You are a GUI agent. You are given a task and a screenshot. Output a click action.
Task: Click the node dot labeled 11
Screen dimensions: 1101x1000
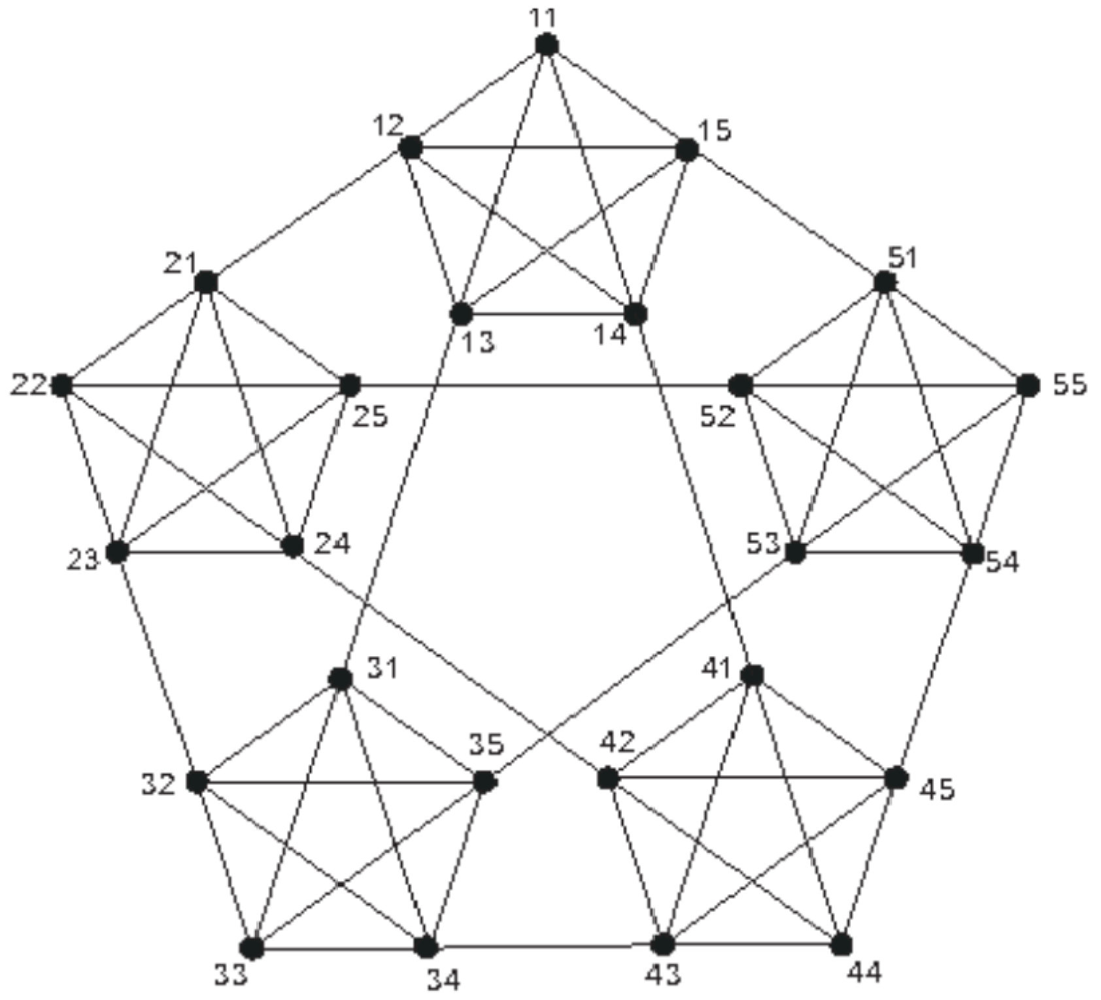(x=546, y=45)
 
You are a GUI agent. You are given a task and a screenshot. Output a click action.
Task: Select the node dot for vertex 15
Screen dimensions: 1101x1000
(x=686, y=150)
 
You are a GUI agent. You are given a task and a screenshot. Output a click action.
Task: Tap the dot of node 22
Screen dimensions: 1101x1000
(x=61, y=386)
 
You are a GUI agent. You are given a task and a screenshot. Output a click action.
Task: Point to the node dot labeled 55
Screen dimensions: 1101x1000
(x=1028, y=386)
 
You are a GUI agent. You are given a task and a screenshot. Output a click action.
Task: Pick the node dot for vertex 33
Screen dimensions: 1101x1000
(x=252, y=947)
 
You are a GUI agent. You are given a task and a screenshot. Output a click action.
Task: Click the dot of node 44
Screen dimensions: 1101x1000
(x=841, y=944)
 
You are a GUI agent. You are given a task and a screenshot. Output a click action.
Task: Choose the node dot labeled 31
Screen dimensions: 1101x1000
(x=340, y=679)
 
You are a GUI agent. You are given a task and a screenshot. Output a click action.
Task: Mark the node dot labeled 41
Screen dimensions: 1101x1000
(x=753, y=676)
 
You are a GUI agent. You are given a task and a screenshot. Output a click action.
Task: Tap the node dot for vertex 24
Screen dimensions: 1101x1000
(x=292, y=545)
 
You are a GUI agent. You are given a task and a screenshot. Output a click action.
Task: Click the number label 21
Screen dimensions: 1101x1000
(x=180, y=263)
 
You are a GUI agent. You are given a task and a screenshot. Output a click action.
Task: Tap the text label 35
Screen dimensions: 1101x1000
(x=486, y=744)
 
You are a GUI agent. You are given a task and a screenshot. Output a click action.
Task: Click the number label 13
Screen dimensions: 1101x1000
(x=481, y=342)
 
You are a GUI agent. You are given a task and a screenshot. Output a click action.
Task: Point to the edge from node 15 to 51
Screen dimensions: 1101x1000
(x=785, y=216)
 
